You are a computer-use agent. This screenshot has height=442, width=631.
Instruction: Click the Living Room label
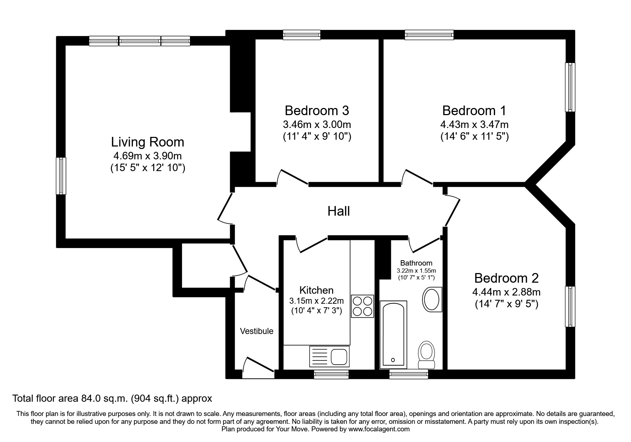148,142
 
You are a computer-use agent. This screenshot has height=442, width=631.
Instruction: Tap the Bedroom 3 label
317,110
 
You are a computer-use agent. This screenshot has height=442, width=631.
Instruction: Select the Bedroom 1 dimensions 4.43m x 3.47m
474,125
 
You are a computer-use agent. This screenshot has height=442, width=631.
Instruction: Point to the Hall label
338,211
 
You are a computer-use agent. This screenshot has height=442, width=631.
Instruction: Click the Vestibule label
257,331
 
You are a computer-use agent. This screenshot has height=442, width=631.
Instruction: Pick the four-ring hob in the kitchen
362,306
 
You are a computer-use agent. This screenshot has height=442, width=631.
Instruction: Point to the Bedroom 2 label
506,278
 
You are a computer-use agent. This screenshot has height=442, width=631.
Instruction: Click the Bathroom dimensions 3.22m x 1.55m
416,271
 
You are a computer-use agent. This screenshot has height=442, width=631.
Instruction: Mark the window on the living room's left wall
61,176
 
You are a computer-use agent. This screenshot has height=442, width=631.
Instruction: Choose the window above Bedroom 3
302,35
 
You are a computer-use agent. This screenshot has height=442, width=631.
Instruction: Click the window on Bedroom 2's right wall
570,307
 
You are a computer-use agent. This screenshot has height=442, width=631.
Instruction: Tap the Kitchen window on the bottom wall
331,374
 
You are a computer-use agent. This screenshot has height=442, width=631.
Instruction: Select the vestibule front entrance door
258,367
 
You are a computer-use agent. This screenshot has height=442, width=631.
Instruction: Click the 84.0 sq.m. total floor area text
112,398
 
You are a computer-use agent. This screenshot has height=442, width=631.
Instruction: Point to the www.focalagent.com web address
379,429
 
